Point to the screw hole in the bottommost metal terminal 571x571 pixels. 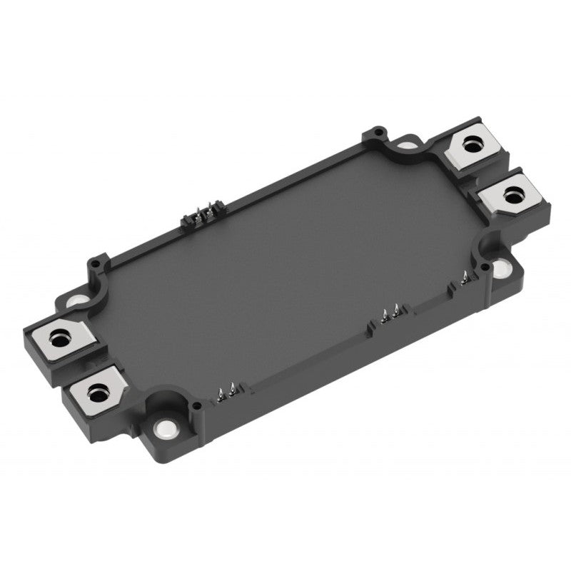96,389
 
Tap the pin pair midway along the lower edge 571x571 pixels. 391,312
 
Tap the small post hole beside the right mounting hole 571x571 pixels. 485,268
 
